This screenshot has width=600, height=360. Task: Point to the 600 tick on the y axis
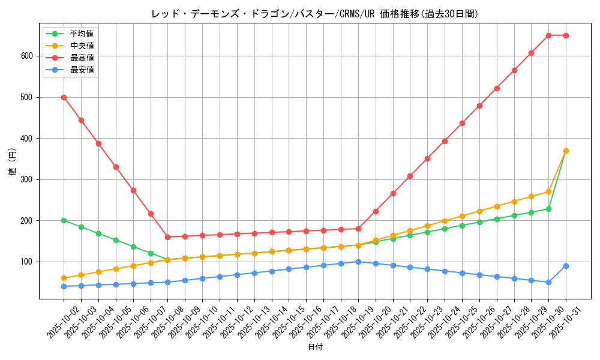27,56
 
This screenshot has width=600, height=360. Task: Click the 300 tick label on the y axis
27,179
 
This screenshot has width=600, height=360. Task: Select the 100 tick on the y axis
27,262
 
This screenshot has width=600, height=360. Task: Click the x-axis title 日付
315,347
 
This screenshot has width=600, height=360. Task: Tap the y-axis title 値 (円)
13,163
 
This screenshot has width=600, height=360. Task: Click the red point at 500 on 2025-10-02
64,97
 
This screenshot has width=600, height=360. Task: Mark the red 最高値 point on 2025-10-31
566,35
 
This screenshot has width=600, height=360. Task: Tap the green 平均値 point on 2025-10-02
64,220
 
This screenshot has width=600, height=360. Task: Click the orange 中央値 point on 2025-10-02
64,278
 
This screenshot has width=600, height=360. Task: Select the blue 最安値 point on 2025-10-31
566,266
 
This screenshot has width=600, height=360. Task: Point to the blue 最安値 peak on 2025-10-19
358,262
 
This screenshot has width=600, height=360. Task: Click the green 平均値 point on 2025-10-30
548,209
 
